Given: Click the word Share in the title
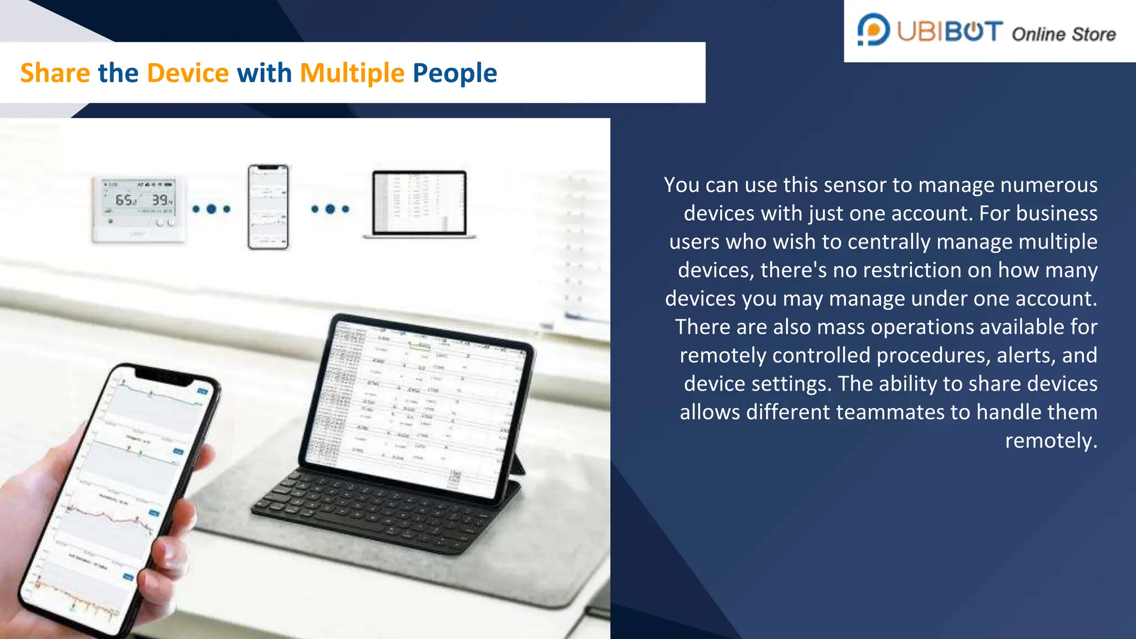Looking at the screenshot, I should tap(55, 73).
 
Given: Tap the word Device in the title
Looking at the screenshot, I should tap(187, 73).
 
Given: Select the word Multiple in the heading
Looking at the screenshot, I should tap(352, 73).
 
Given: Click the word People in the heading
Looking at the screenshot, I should tap(455, 73).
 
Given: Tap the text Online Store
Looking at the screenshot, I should tap(1063, 34).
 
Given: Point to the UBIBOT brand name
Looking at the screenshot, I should tap(950, 32).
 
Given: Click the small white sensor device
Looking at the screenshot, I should tap(138, 210).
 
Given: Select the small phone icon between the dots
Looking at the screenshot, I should tap(268, 207).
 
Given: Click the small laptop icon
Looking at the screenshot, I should tap(419, 204).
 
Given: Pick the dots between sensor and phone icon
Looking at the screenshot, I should tap(211, 209).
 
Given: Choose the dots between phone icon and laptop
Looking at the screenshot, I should tap(330, 209).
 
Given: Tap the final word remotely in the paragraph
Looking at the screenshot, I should tap(1051, 440).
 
